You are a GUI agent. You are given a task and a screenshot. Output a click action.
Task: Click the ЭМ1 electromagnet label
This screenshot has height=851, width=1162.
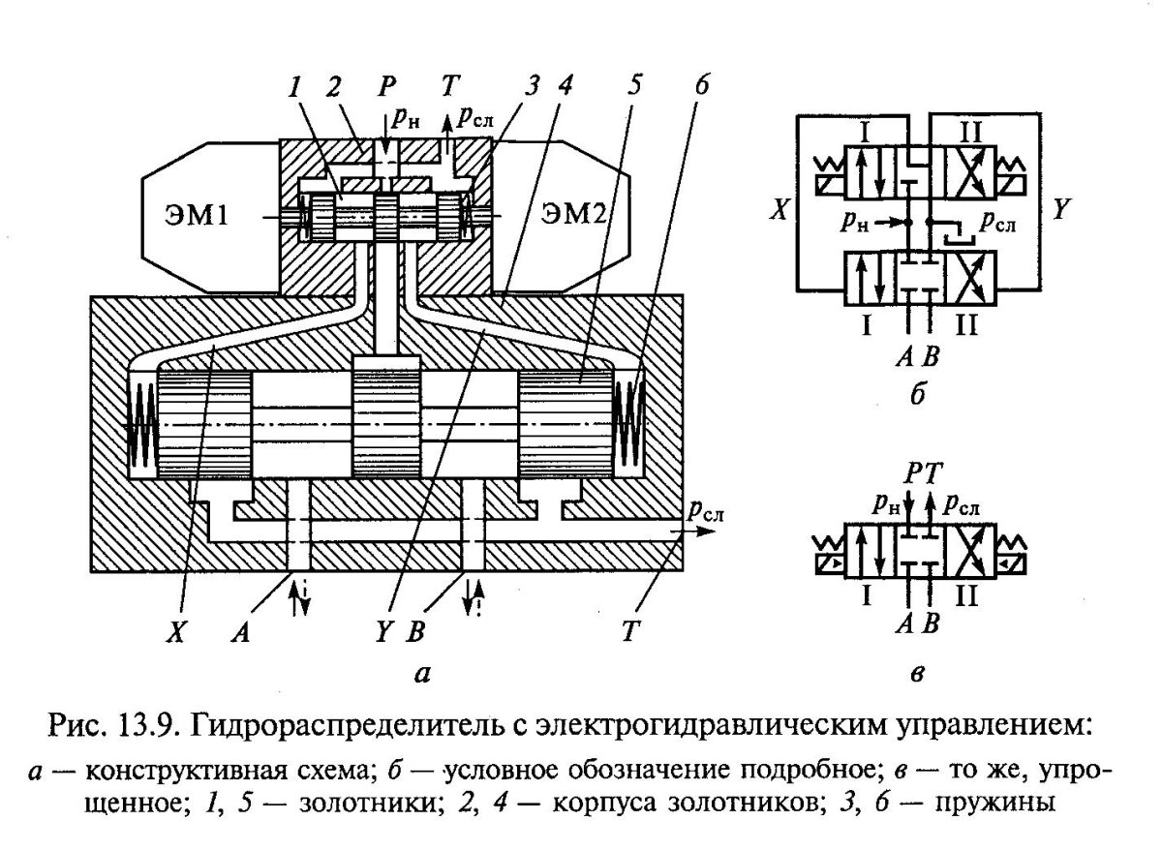[197, 215]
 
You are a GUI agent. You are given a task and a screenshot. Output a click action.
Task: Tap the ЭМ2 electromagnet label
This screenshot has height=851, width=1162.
[572, 213]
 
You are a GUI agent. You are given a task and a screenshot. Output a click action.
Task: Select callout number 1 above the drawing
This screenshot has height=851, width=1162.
[294, 87]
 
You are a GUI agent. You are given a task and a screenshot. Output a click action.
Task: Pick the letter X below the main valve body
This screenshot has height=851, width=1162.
[175, 632]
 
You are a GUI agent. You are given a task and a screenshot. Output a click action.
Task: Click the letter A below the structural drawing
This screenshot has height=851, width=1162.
[240, 632]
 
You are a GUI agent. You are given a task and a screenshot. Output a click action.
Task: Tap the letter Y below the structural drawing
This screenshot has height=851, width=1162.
[382, 632]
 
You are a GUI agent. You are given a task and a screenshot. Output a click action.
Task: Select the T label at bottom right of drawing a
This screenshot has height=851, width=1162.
[629, 632]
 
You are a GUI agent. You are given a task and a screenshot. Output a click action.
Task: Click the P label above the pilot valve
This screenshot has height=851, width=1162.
[386, 85]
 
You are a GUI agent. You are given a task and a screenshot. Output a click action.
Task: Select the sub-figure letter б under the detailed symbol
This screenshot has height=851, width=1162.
[918, 395]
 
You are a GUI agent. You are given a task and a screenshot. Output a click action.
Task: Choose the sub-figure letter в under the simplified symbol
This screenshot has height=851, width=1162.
[917, 674]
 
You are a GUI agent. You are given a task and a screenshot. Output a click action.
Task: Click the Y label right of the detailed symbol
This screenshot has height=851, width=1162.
[1061, 209]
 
